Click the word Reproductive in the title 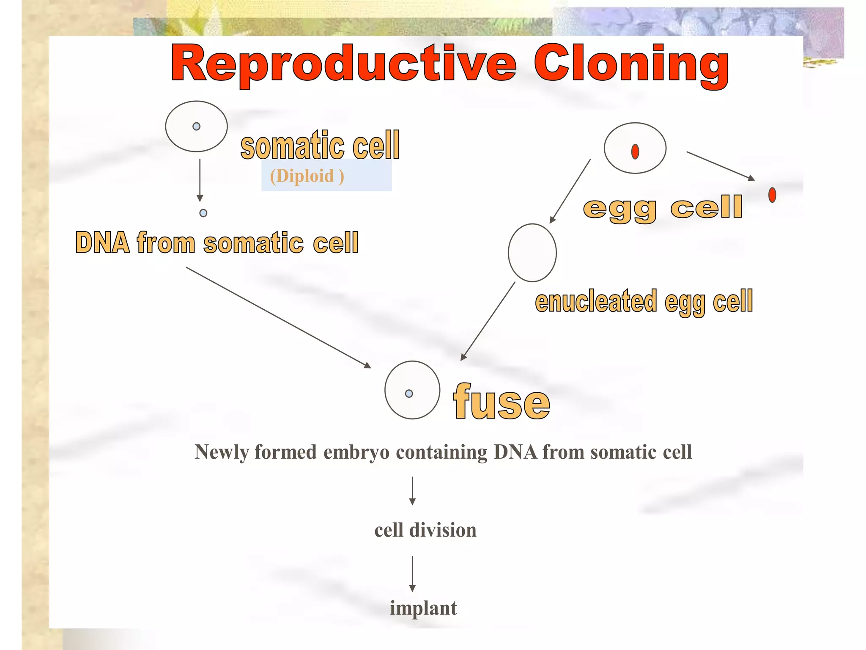[343, 64]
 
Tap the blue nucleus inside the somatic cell [196, 126]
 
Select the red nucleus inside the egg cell [635, 151]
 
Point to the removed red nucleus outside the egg [772, 195]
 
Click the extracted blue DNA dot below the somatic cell [203, 213]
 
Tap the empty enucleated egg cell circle [532, 253]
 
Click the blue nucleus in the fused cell [408, 394]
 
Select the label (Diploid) [307, 176]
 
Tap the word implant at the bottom [423, 608]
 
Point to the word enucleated [596, 301]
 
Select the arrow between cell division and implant [412, 573]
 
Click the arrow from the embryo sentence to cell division [412, 490]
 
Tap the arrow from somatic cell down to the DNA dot [200, 180]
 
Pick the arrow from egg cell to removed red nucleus [720, 165]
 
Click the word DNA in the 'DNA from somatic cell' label [102, 243]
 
